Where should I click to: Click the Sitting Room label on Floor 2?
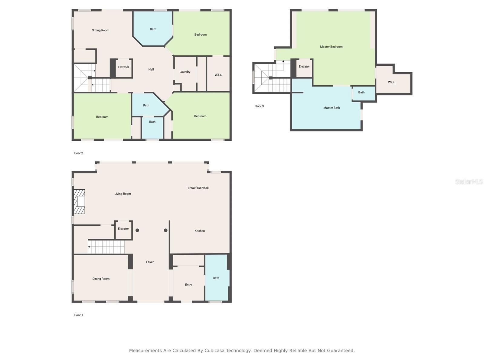(x=100, y=30)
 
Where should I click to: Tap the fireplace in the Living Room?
(x=80, y=202)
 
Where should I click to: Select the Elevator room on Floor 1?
(x=123, y=229)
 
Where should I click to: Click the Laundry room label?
(x=185, y=72)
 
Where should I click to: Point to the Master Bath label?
(x=332, y=108)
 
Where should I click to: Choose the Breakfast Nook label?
(x=198, y=188)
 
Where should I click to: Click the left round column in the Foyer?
(x=137, y=231)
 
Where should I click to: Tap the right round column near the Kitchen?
(x=166, y=231)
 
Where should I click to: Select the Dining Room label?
(x=101, y=279)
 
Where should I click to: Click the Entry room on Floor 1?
(x=188, y=285)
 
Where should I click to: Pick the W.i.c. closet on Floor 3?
(x=391, y=82)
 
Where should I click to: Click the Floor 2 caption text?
(x=78, y=153)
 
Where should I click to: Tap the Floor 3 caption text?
(x=259, y=106)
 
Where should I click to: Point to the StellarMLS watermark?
(x=469, y=182)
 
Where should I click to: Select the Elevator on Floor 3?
(x=304, y=67)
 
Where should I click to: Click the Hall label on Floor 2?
(x=151, y=70)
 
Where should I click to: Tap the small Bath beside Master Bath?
(x=361, y=93)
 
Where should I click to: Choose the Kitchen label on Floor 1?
(x=200, y=231)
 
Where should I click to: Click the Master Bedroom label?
(x=331, y=47)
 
